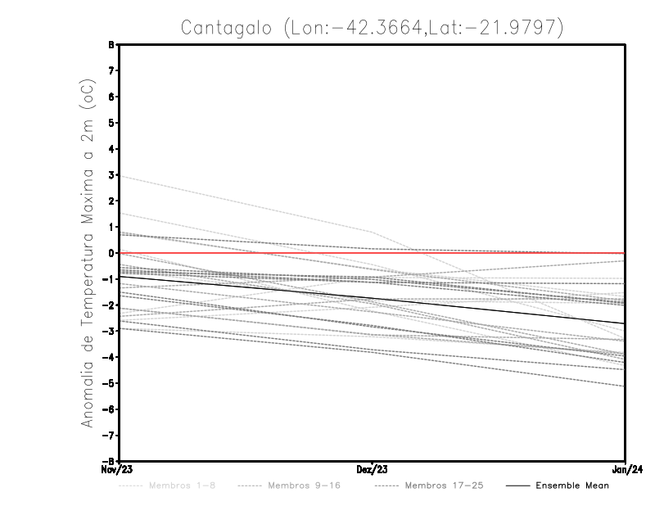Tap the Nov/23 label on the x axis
coord(117,470)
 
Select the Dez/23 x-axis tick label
coord(373,470)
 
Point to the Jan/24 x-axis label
coord(625,470)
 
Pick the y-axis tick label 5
coord(111,123)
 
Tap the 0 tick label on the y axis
coord(111,253)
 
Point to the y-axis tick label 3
coord(111,175)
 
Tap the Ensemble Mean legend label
coord(572,486)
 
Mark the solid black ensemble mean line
coord(373,300)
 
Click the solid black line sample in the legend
coord(517,486)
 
